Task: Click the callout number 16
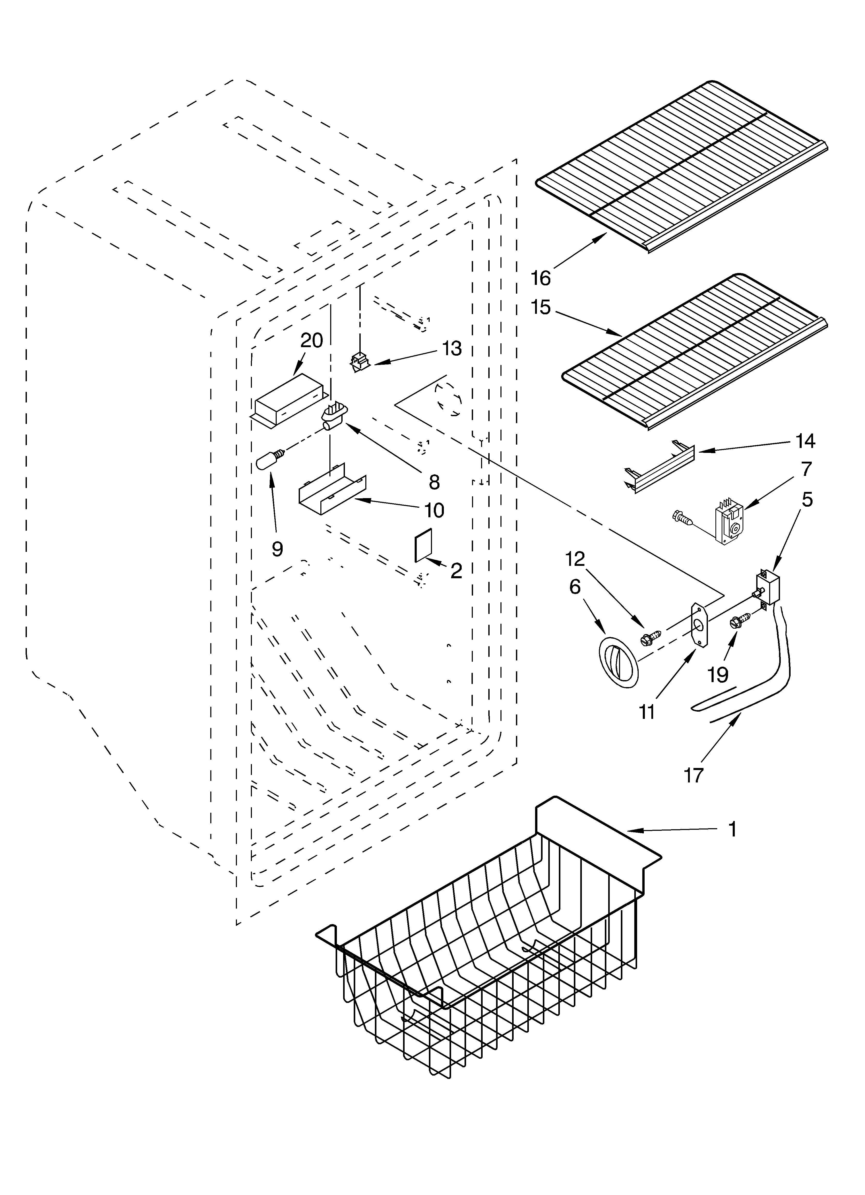[x=541, y=278]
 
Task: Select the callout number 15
[x=541, y=307]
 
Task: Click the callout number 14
[x=805, y=440]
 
